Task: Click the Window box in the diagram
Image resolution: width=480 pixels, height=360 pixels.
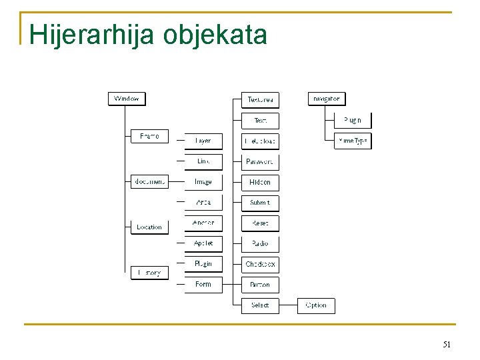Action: pos(127,99)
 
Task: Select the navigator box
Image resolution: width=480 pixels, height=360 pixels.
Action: pos(326,99)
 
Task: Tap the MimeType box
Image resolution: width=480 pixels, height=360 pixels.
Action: pos(353,141)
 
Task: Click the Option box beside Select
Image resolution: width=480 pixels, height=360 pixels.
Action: pos(316,305)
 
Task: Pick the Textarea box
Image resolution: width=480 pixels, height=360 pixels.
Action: pos(260,100)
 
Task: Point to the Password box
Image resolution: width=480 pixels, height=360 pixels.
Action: pos(260,161)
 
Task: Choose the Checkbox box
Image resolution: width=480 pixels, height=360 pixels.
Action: pos(260,264)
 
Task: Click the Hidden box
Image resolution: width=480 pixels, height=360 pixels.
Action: pos(260,182)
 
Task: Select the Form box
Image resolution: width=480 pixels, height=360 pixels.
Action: pos(203,284)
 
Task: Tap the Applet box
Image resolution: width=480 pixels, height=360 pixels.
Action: pos(203,243)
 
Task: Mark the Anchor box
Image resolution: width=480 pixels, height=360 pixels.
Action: pos(203,223)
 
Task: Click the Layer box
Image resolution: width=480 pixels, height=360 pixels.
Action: pos(203,141)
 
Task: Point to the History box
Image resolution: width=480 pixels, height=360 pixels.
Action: pos(149,272)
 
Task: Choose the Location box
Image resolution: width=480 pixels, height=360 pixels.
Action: pos(149,227)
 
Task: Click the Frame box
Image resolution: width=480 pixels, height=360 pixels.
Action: pos(149,136)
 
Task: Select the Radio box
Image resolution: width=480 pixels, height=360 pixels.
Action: pos(260,243)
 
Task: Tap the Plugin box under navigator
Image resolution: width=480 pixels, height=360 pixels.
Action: pos(353,120)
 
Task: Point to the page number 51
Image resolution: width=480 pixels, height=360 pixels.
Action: pos(447,345)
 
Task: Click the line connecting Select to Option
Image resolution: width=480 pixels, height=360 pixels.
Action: pos(288,305)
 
